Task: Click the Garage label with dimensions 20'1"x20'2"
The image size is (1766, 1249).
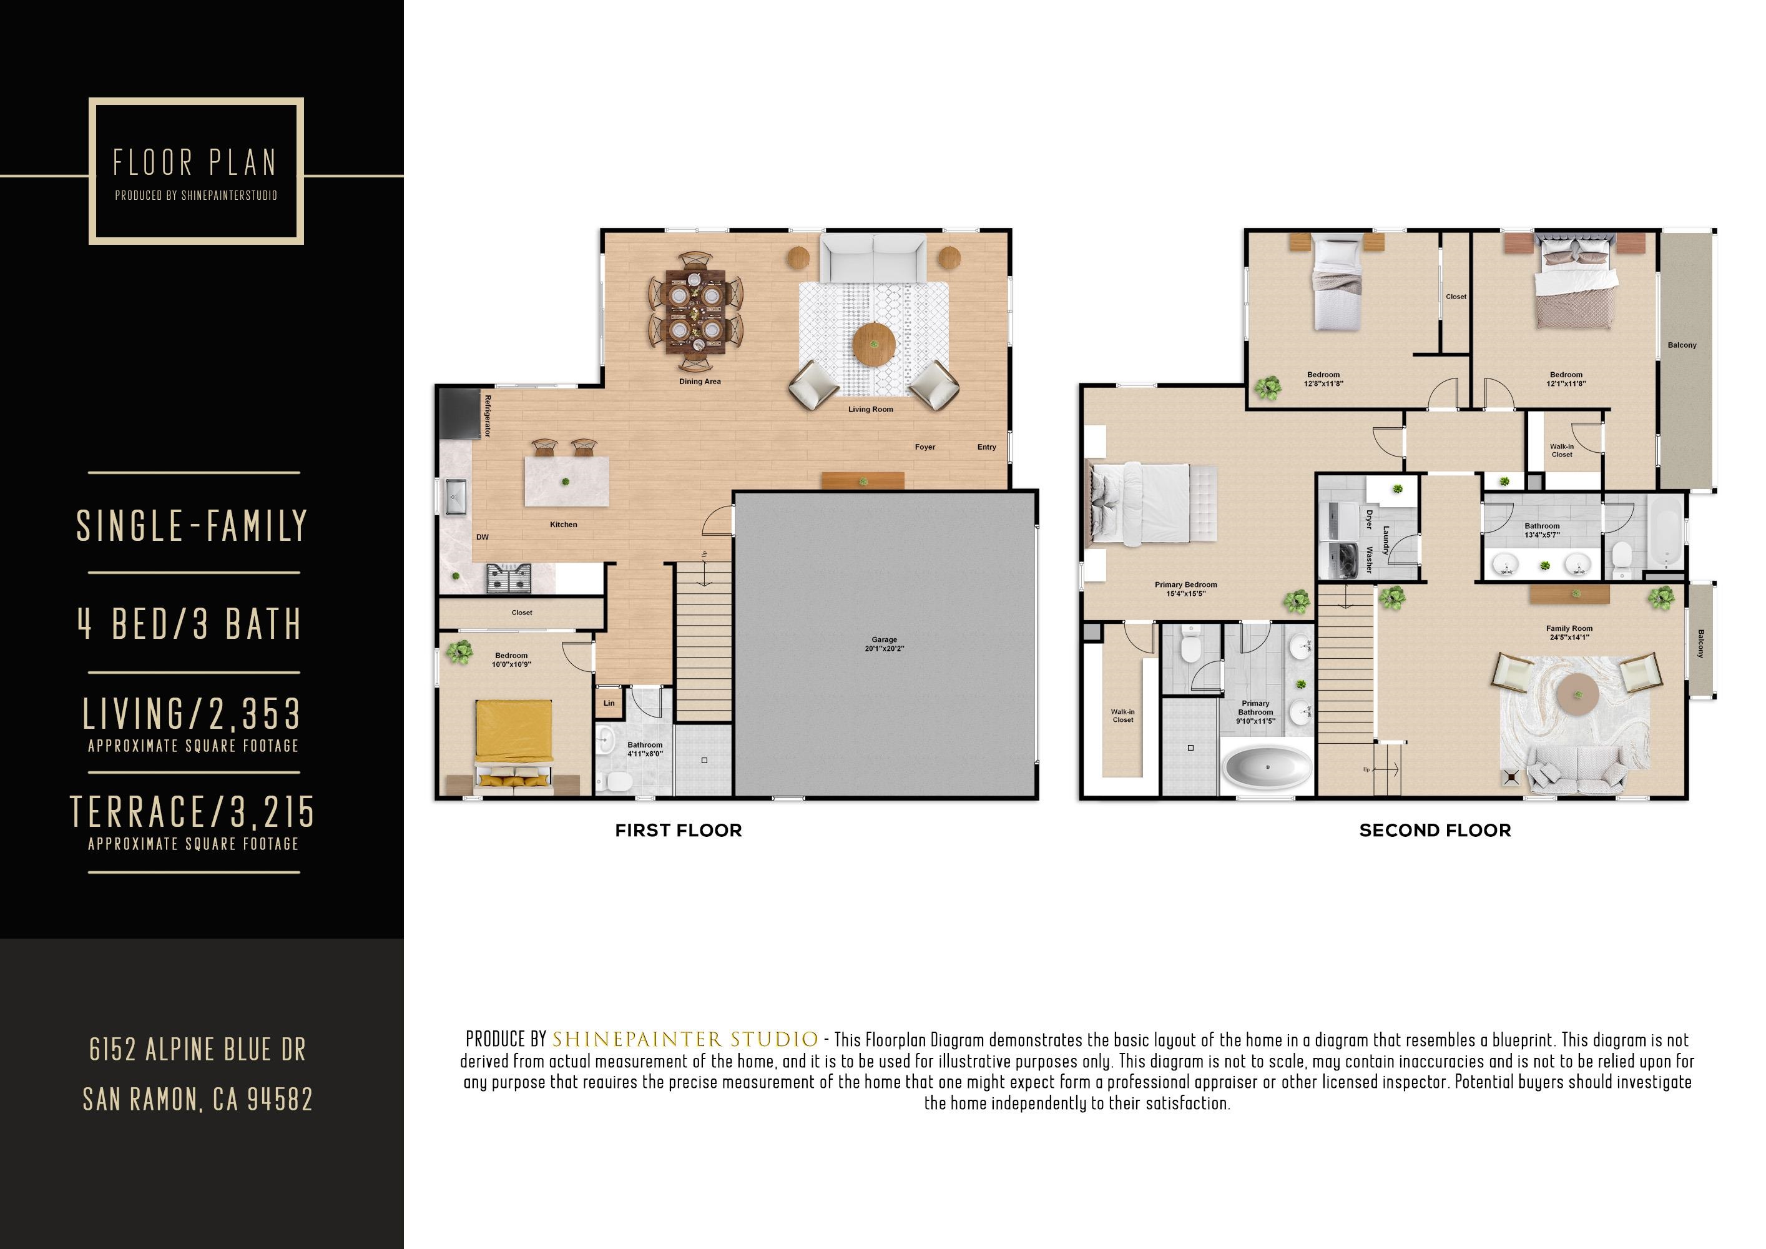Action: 885,644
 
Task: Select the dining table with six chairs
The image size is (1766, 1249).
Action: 695,312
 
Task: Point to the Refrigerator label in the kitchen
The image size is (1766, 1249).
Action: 487,417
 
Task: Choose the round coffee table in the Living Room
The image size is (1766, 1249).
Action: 874,345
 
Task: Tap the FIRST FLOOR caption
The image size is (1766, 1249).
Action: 679,831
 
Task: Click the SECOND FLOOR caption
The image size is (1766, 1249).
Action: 1435,831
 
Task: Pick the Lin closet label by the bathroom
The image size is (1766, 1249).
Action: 609,703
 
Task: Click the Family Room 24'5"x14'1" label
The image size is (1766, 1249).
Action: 1569,633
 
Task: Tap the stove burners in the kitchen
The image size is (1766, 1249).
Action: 508,577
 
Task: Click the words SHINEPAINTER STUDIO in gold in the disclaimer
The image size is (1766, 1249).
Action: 685,1040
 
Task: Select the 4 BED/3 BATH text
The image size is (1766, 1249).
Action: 189,623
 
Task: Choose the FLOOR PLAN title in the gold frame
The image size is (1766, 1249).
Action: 195,163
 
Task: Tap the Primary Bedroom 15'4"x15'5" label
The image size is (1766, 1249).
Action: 1185,589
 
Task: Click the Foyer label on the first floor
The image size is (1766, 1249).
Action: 925,447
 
